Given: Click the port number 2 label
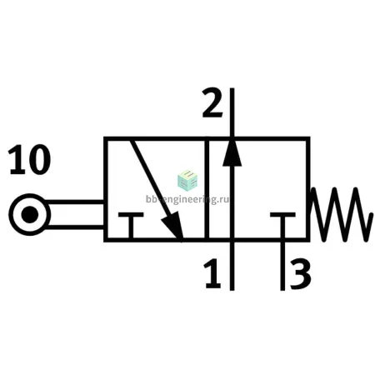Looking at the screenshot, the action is (x=212, y=102).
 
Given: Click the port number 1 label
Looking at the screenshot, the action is (x=212, y=273).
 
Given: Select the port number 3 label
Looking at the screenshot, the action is (x=300, y=273).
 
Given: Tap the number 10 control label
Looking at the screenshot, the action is (x=30, y=160).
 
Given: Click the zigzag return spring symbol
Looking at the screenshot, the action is (x=342, y=214).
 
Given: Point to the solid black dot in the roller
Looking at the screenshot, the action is (x=30, y=214).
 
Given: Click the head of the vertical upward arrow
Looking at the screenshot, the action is (x=232, y=152).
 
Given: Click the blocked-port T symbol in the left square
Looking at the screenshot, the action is (x=131, y=226).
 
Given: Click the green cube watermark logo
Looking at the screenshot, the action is (x=187, y=181).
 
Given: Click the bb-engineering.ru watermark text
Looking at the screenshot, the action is (x=187, y=199).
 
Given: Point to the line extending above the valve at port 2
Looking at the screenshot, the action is (x=232, y=112).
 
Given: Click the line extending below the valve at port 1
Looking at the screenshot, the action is (x=232, y=266).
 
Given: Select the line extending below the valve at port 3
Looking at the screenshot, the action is (x=282, y=266).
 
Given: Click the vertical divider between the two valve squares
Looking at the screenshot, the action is (x=207, y=189).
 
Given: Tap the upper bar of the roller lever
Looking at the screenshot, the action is (x=73, y=202).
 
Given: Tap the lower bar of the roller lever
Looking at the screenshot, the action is (x=75, y=227).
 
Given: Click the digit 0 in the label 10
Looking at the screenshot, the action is (x=40, y=160).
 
